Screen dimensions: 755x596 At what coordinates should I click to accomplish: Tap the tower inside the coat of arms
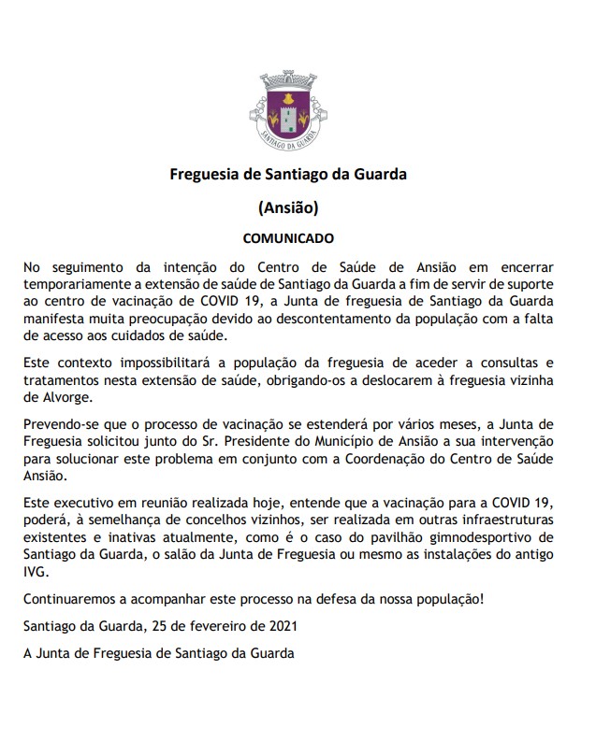[x=288, y=112]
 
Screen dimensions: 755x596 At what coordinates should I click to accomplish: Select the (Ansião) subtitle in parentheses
[x=288, y=207]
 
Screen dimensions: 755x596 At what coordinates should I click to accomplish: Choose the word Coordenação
[x=389, y=459]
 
